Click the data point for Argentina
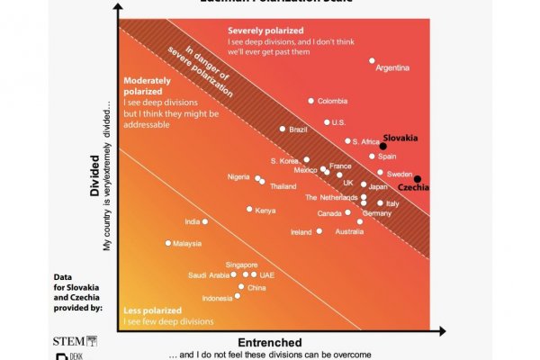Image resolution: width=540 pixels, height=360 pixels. tap(372, 61)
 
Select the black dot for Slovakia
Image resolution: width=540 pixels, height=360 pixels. tap(382, 146)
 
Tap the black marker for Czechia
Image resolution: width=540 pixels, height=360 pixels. tap(417, 178)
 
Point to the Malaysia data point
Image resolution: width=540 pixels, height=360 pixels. tap(167, 243)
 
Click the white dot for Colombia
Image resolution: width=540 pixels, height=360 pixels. tap(311, 101)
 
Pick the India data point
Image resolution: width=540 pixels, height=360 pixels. tap(205, 221)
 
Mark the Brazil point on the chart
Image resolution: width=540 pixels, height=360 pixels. tap(283, 130)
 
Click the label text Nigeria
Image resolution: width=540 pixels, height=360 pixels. tap(238, 176)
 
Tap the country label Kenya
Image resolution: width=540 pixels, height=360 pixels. tap(265, 211)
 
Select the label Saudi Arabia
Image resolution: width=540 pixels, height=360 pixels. tap(208, 275)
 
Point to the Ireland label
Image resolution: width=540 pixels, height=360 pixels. tap(301, 232)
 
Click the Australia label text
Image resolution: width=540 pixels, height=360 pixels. tap(349, 232)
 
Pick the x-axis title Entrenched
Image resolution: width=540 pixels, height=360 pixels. tap(269, 343)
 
